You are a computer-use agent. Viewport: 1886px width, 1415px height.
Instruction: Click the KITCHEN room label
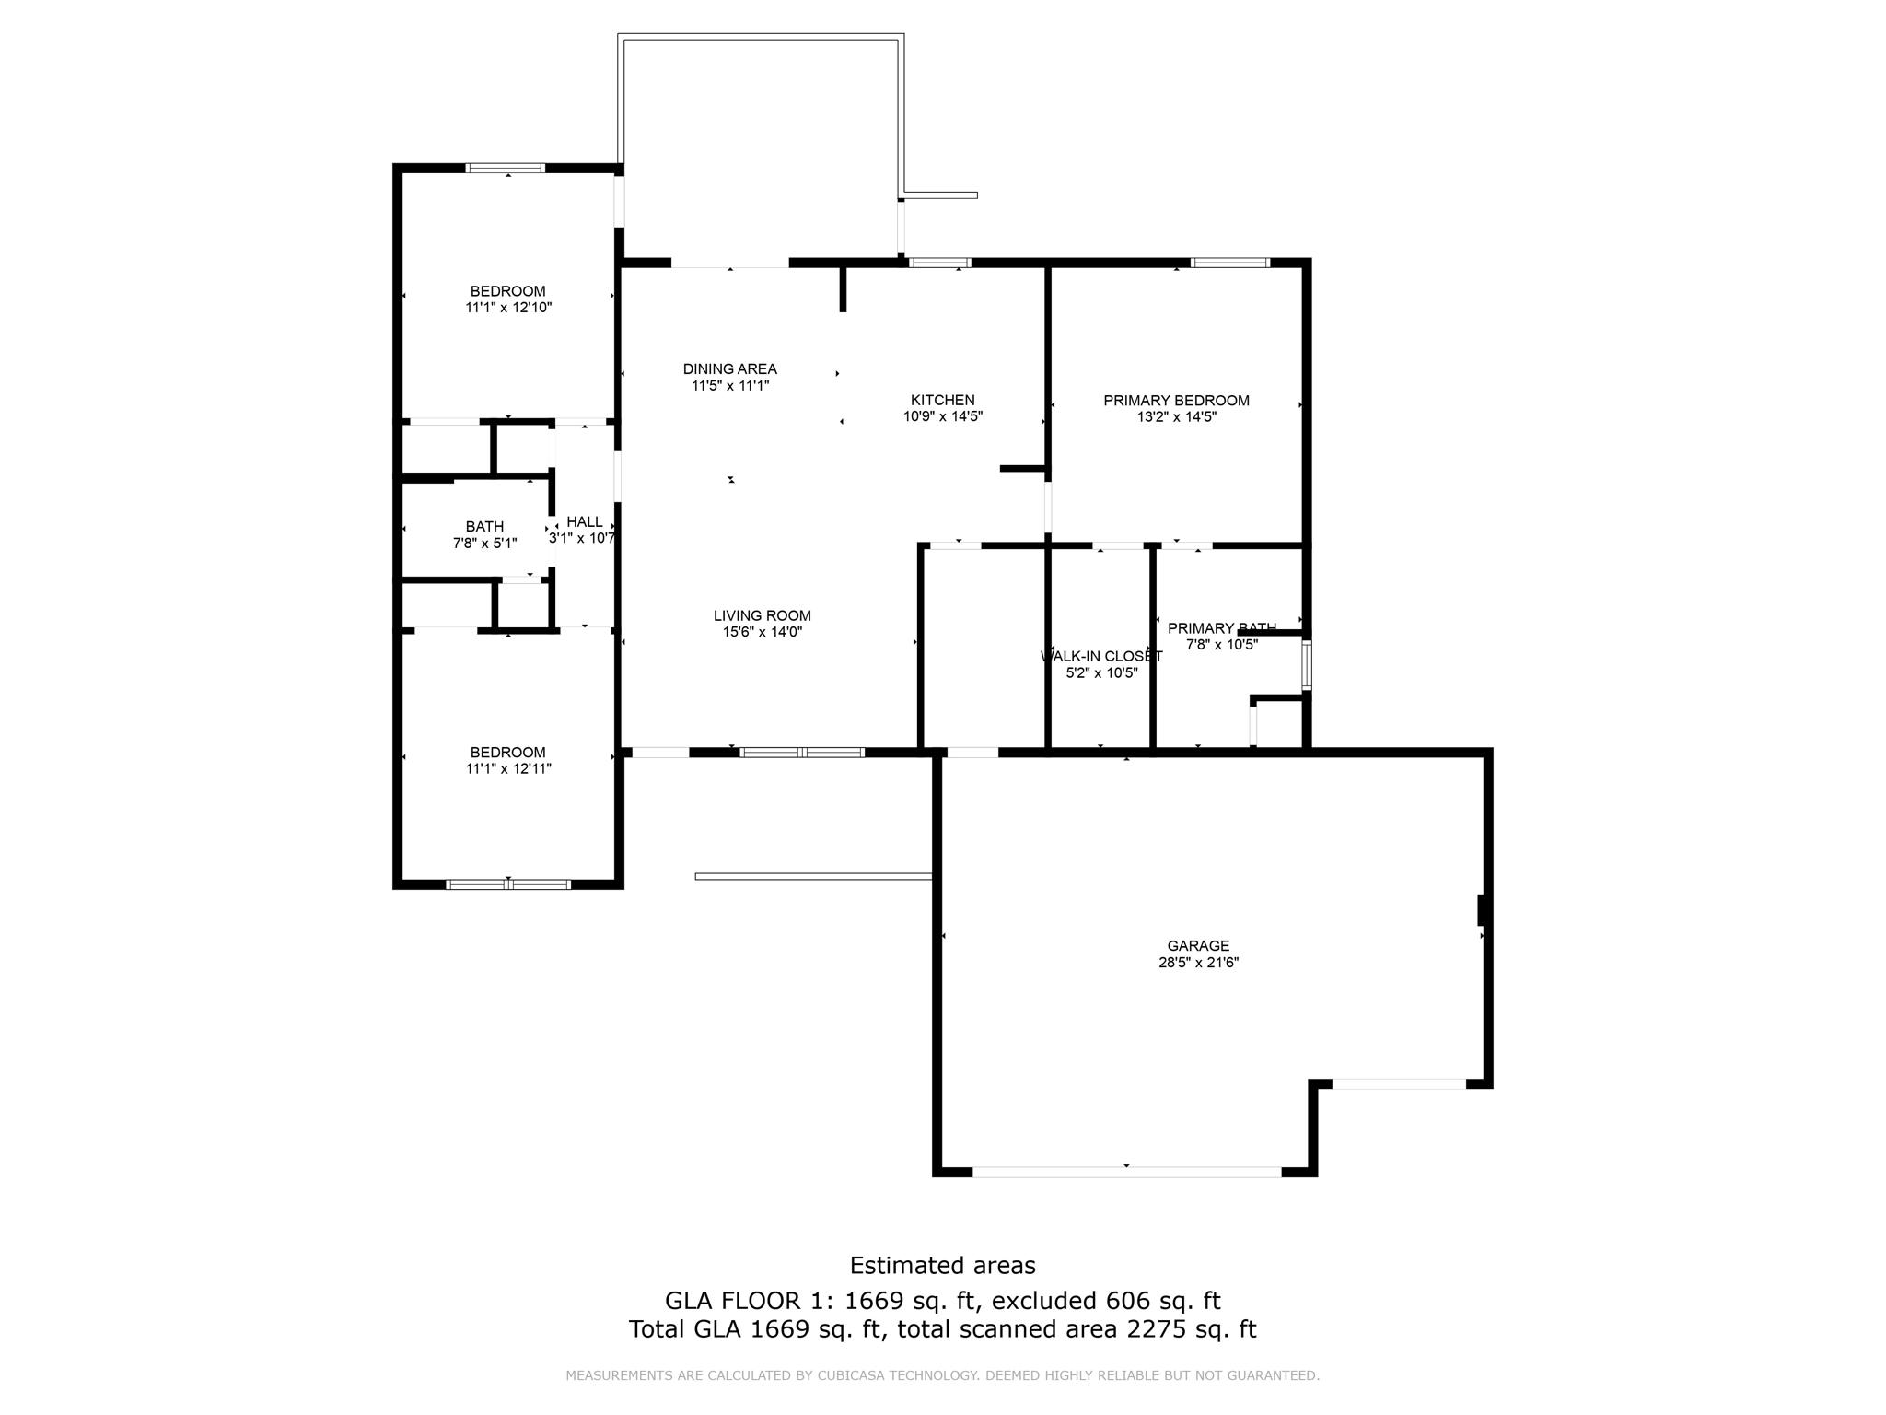tap(942, 400)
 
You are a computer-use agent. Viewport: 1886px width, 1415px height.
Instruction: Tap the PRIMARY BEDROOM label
tap(1176, 400)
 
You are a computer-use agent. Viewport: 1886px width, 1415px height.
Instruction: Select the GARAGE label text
tap(1198, 945)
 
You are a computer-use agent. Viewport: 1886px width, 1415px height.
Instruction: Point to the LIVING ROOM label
tap(762, 615)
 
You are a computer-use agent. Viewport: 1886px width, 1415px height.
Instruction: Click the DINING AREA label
tap(729, 368)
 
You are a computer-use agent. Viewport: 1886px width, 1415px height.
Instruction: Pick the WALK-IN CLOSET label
tap(1101, 656)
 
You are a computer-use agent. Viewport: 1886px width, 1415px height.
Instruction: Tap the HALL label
tap(585, 521)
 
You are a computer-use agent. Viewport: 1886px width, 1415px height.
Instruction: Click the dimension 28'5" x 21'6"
tap(1198, 963)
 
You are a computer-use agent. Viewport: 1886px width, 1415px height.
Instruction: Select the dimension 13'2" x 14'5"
tap(1176, 416)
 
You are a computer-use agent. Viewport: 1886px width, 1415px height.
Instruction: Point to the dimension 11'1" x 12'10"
tap(507, 308)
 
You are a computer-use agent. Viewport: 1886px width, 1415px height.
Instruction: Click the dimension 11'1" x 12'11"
tap(507, 768)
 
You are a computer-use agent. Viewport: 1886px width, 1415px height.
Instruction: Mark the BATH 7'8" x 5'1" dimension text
tap(484, 544)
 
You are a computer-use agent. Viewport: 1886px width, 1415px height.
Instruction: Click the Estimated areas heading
tap(942, 1265)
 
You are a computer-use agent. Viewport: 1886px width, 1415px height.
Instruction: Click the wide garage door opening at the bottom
tap(1126, 1172)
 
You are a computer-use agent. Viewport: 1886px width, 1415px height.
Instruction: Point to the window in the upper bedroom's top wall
tap(505, 168)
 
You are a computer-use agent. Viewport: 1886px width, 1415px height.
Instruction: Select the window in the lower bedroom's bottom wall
tap(507, 884)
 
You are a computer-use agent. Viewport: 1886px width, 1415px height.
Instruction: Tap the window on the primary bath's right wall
tap(1306, 664)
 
